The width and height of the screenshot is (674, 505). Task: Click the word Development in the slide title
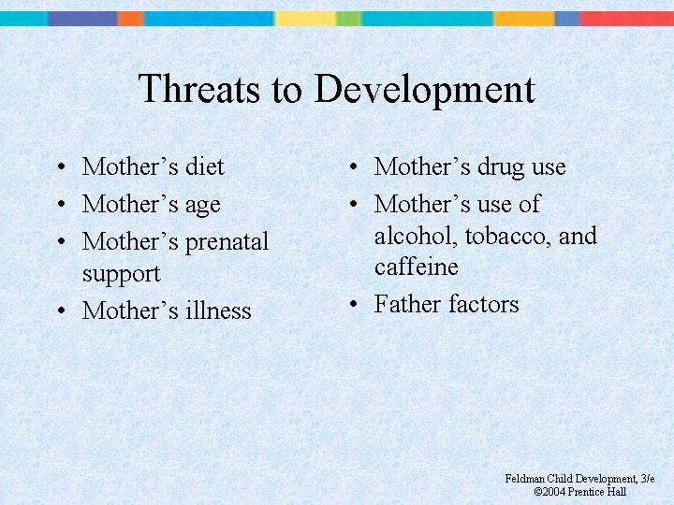[425, 90]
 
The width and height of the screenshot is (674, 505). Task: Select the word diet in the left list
[205, 166]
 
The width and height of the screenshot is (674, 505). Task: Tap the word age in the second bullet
[202, 206]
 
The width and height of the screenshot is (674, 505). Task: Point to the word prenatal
[226, 241]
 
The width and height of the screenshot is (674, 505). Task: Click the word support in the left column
[121, 275]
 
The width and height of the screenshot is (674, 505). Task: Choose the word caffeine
[417, 267]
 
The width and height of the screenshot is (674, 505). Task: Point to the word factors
[483, 304]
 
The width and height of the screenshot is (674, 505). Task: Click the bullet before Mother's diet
[59, 167]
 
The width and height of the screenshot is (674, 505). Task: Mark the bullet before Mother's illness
[59, 311]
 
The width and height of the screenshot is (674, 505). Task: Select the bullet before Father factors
[351, 305]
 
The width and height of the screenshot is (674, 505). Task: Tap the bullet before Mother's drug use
[351, 168]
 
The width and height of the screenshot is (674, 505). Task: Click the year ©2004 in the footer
[550, 491]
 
